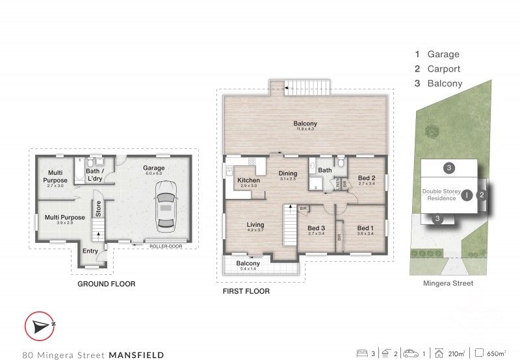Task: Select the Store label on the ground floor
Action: point(98,209)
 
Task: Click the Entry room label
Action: point(88,251)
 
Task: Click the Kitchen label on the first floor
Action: point(248,180)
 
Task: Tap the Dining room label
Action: point(288,174)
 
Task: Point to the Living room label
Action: point(255,225)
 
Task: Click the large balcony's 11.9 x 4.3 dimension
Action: point(305,129)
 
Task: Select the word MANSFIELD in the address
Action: point(136,355)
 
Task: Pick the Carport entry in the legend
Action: point(444,69)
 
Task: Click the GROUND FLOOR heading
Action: point(106,284)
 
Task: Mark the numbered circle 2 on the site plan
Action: point(482,194)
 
